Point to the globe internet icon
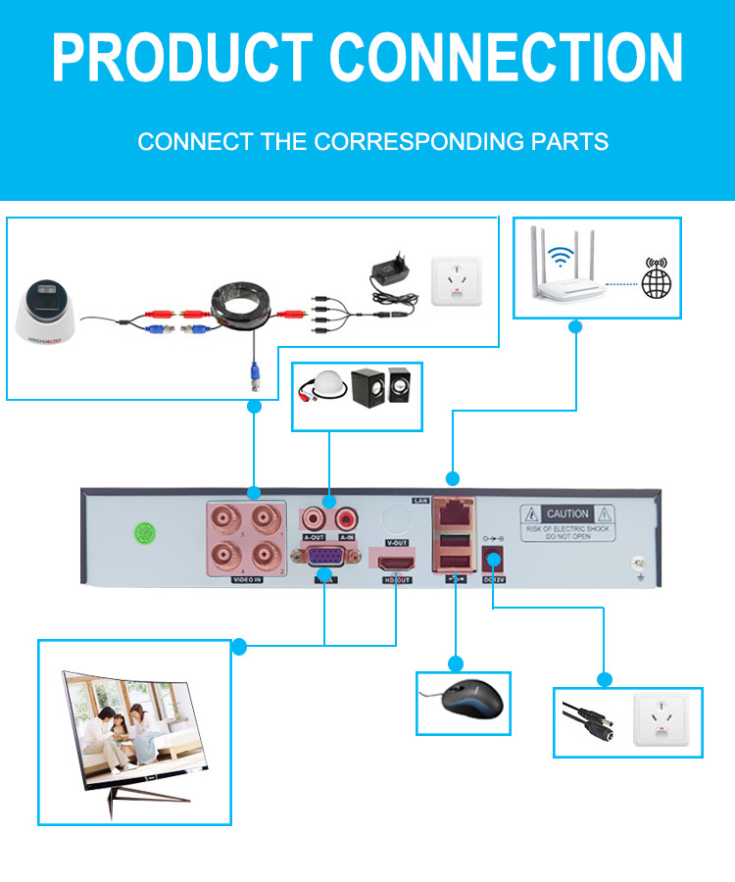click(x=656, y=278)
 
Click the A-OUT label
click(x=315, y=537)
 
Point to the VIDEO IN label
click(x=246, y=580)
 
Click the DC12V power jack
click(x=493, y=561)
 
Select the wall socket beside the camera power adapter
click(x=457, y=281)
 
